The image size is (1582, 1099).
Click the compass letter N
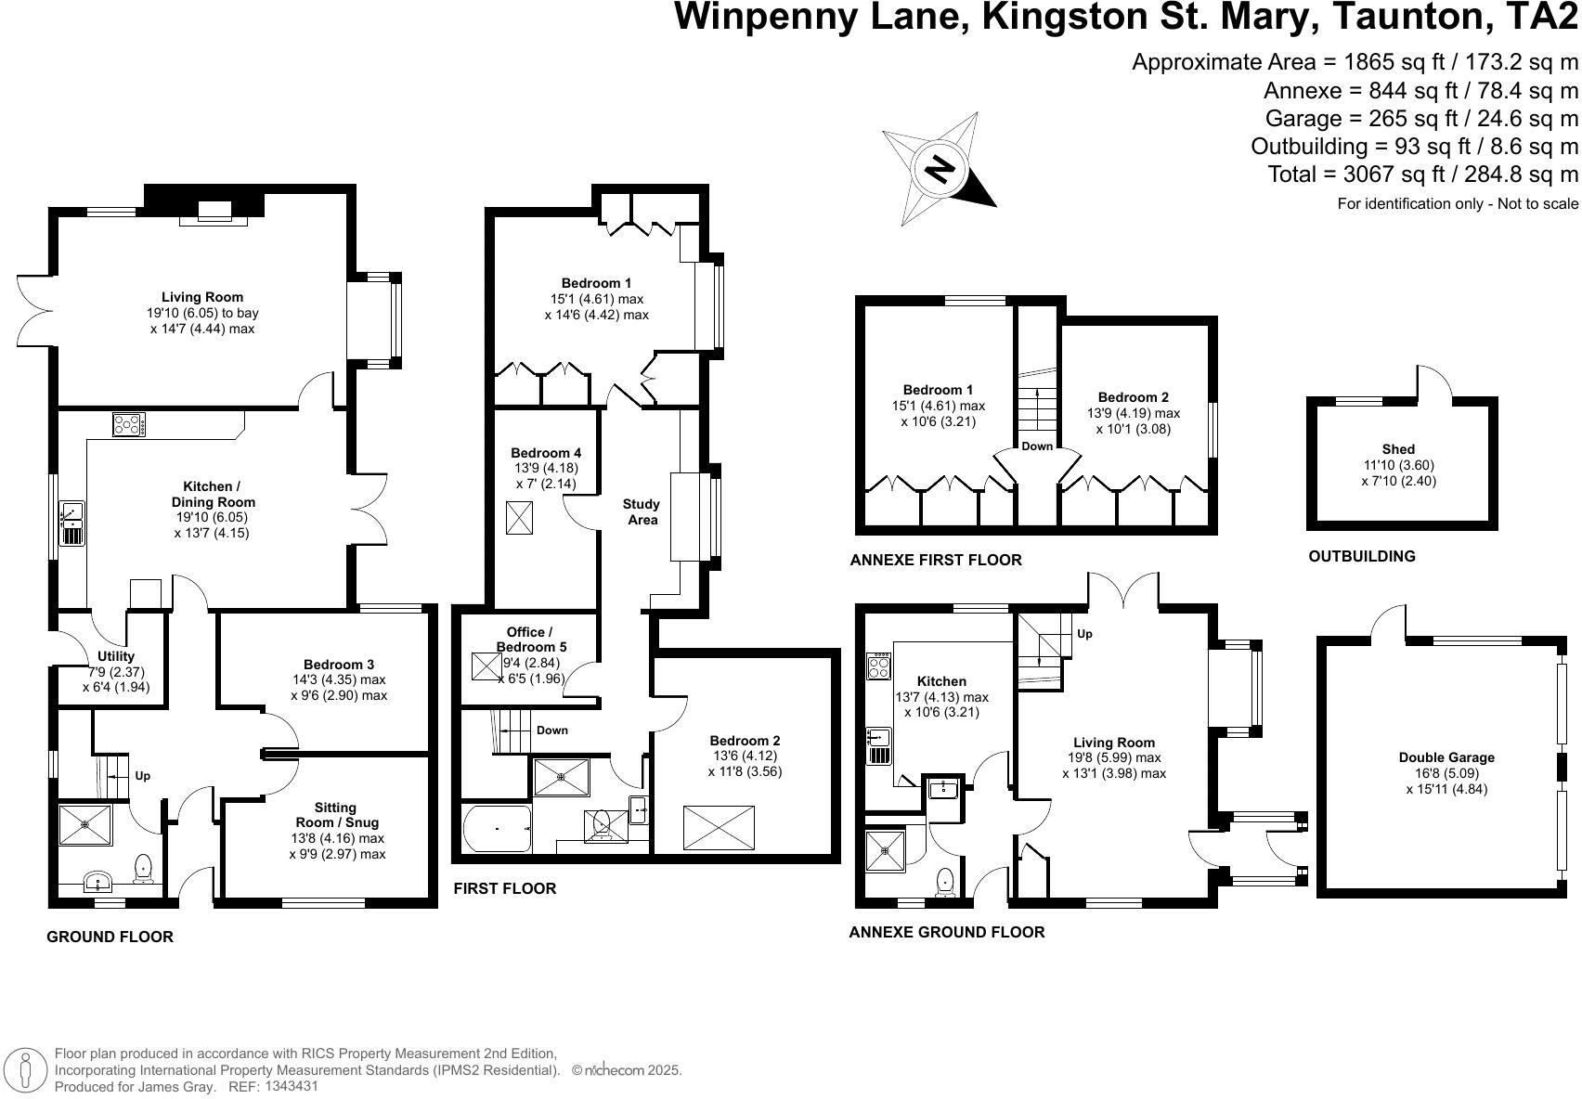(x=940, y=170)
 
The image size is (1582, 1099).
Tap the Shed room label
(x=1398, y=449)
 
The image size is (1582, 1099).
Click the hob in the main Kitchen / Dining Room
(x=129, y=425)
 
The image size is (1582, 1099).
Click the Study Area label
(x=642, y=511)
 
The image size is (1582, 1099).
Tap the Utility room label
(x=116, y=656)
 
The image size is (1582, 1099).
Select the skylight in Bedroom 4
(x=519, y=517)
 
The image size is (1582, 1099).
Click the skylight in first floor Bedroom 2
(x=720, y=827)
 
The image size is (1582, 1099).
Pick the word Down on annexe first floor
(x=1037, y=446)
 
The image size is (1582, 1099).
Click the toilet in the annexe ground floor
(x=945, y=880)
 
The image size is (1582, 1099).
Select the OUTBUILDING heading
(x=1361, y=556)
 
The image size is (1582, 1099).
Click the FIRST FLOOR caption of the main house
(x=504, y=888)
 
